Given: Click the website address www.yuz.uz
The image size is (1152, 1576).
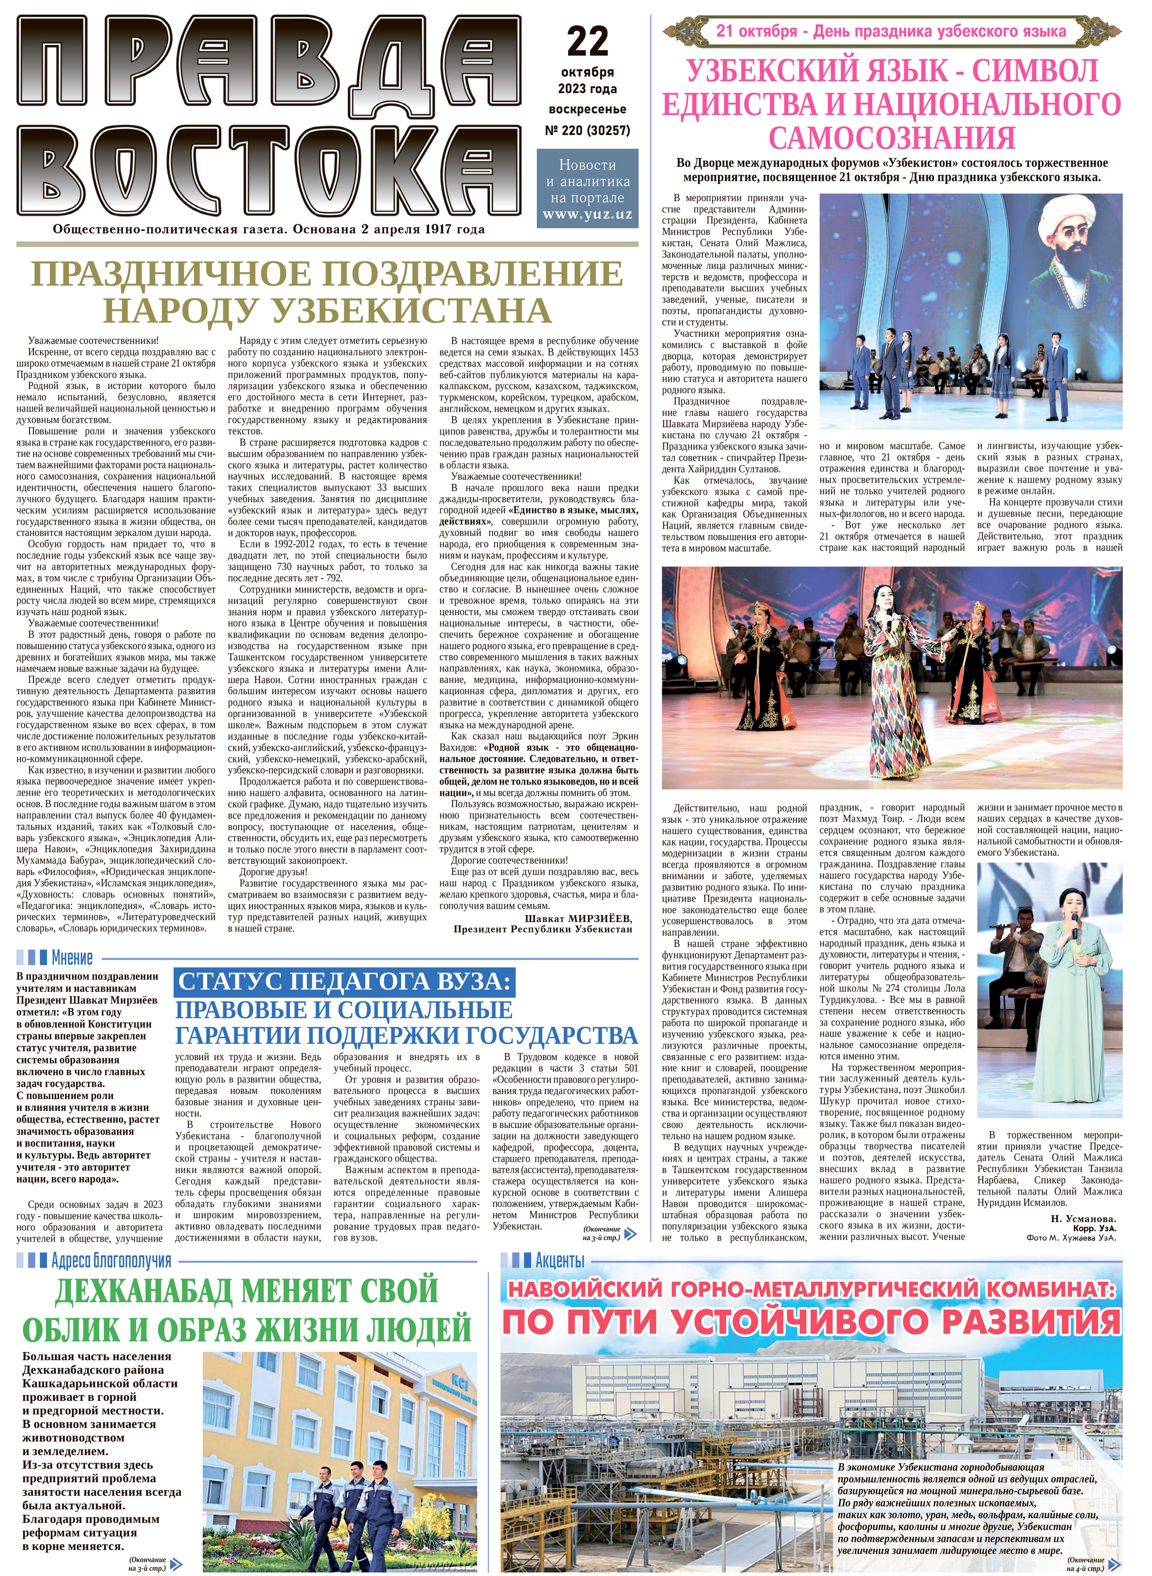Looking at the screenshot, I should (x=587, y=214).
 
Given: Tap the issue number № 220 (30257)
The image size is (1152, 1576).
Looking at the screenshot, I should (x=587, y=130).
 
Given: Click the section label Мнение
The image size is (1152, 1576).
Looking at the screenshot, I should (x=72, y=958).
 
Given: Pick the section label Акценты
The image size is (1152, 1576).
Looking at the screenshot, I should (x=559, y=1260).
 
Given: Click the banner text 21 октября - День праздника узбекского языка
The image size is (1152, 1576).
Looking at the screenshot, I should (x=891, y=32).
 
